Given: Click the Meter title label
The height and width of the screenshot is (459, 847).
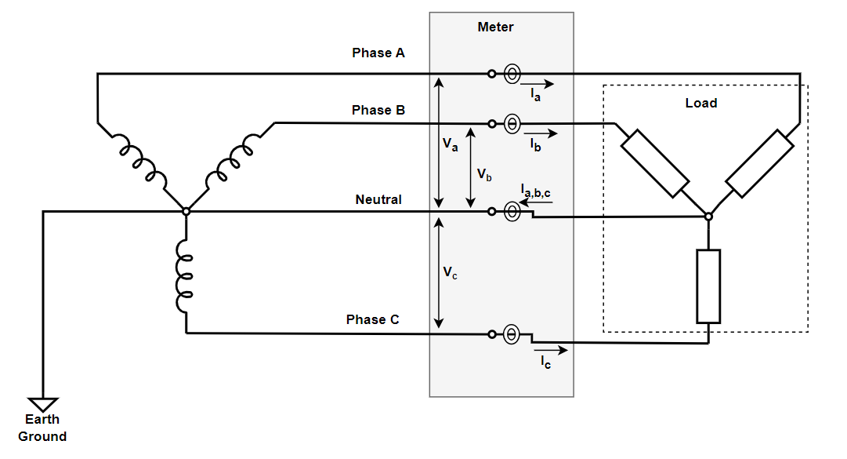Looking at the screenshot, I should pyautogui.click(x=495, y=27).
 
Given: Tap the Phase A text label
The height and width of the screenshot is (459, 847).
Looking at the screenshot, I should pyautogui.click(x=378, y=53).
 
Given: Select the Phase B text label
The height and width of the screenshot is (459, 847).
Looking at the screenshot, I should pyautogui.click(x=378, y=111).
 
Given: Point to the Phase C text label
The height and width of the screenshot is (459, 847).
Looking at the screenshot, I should pyautogui.click(x=372, y=320).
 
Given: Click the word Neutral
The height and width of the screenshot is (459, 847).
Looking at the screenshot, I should pyautogui.click(x=378, y=200).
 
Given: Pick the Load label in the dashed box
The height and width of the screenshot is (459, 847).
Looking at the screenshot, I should pyautogui.click(x=700, y=104).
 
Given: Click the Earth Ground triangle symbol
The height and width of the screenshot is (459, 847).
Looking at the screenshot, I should pyautogui.click(x=43, y=401).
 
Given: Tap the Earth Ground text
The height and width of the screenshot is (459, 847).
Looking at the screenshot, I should pyautogui.click(x=42, y=428).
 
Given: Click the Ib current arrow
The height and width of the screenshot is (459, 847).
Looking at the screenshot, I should pyautogui.click(x=540, y=132).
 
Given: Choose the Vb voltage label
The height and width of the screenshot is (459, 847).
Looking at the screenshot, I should pyautogui.click(x=484, y=174).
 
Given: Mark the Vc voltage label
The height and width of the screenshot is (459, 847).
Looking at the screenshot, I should pyautogui.click(x=450, y=272).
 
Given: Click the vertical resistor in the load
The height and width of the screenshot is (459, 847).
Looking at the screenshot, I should pyautogui.click(x=708, y=286).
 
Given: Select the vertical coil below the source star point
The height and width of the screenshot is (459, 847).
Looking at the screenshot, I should pyautogui.click(x=186, y=276).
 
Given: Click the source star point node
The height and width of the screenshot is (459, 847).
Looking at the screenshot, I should pyautogui.click(x=186, y=212).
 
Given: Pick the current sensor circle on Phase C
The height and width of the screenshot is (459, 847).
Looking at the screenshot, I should pyautogui.click(x=510, y=334).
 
